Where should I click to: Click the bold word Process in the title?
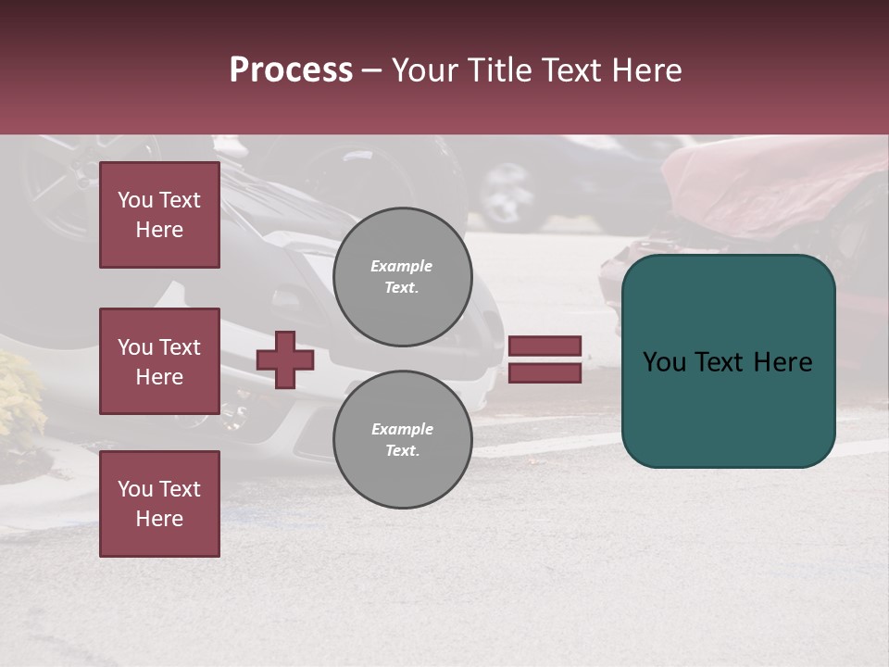point(291,70)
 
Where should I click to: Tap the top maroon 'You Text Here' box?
point(159,215)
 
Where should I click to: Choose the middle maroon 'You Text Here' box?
point(159,361)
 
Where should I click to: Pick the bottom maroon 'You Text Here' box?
point(159,504)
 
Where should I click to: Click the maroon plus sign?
point(285,359)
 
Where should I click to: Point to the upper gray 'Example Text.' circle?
point(402,277)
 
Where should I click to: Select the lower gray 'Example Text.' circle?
point(402,440)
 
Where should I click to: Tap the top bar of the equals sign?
point(545,346)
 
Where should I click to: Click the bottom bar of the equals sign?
point(545,372)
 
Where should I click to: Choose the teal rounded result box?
point(728,361)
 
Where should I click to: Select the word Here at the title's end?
point(647,70)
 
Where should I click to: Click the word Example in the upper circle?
point(402,267)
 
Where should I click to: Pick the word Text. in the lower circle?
point(402,451)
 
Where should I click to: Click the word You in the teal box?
point(664,362)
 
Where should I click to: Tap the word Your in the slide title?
point(426,70)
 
